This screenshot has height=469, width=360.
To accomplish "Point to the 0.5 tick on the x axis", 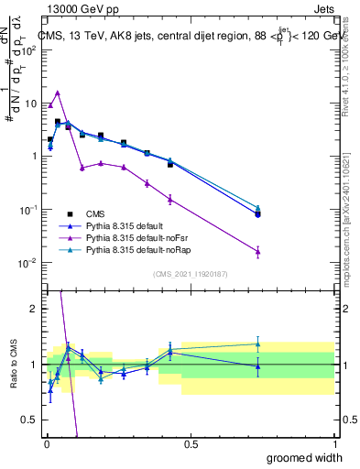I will (191, 443).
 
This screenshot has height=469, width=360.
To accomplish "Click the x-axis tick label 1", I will (334, 443).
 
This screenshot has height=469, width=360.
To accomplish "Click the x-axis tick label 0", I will (47, 443).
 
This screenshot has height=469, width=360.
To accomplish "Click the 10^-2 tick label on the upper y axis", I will (28, 263).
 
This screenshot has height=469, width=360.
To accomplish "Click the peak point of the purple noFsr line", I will (58, 93).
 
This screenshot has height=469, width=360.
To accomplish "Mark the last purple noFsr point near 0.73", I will (257, 251).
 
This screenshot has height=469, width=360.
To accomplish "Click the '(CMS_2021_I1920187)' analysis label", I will (191, 272).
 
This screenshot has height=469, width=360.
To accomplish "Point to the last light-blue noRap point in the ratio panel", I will (257, 344).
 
